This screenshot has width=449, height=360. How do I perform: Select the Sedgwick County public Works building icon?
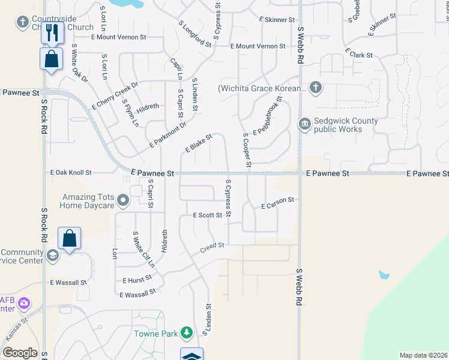304,124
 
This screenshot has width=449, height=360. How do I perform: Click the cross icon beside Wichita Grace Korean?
316,89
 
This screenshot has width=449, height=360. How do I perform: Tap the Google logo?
20,353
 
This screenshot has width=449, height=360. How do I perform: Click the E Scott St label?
208,215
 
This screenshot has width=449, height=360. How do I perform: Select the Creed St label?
212,245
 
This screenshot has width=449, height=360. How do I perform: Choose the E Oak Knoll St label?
71,173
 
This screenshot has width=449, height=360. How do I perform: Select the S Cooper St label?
247,150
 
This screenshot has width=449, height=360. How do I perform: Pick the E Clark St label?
358,55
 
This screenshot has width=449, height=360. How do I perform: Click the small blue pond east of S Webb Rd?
384,275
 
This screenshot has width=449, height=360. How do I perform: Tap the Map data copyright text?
423,355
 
